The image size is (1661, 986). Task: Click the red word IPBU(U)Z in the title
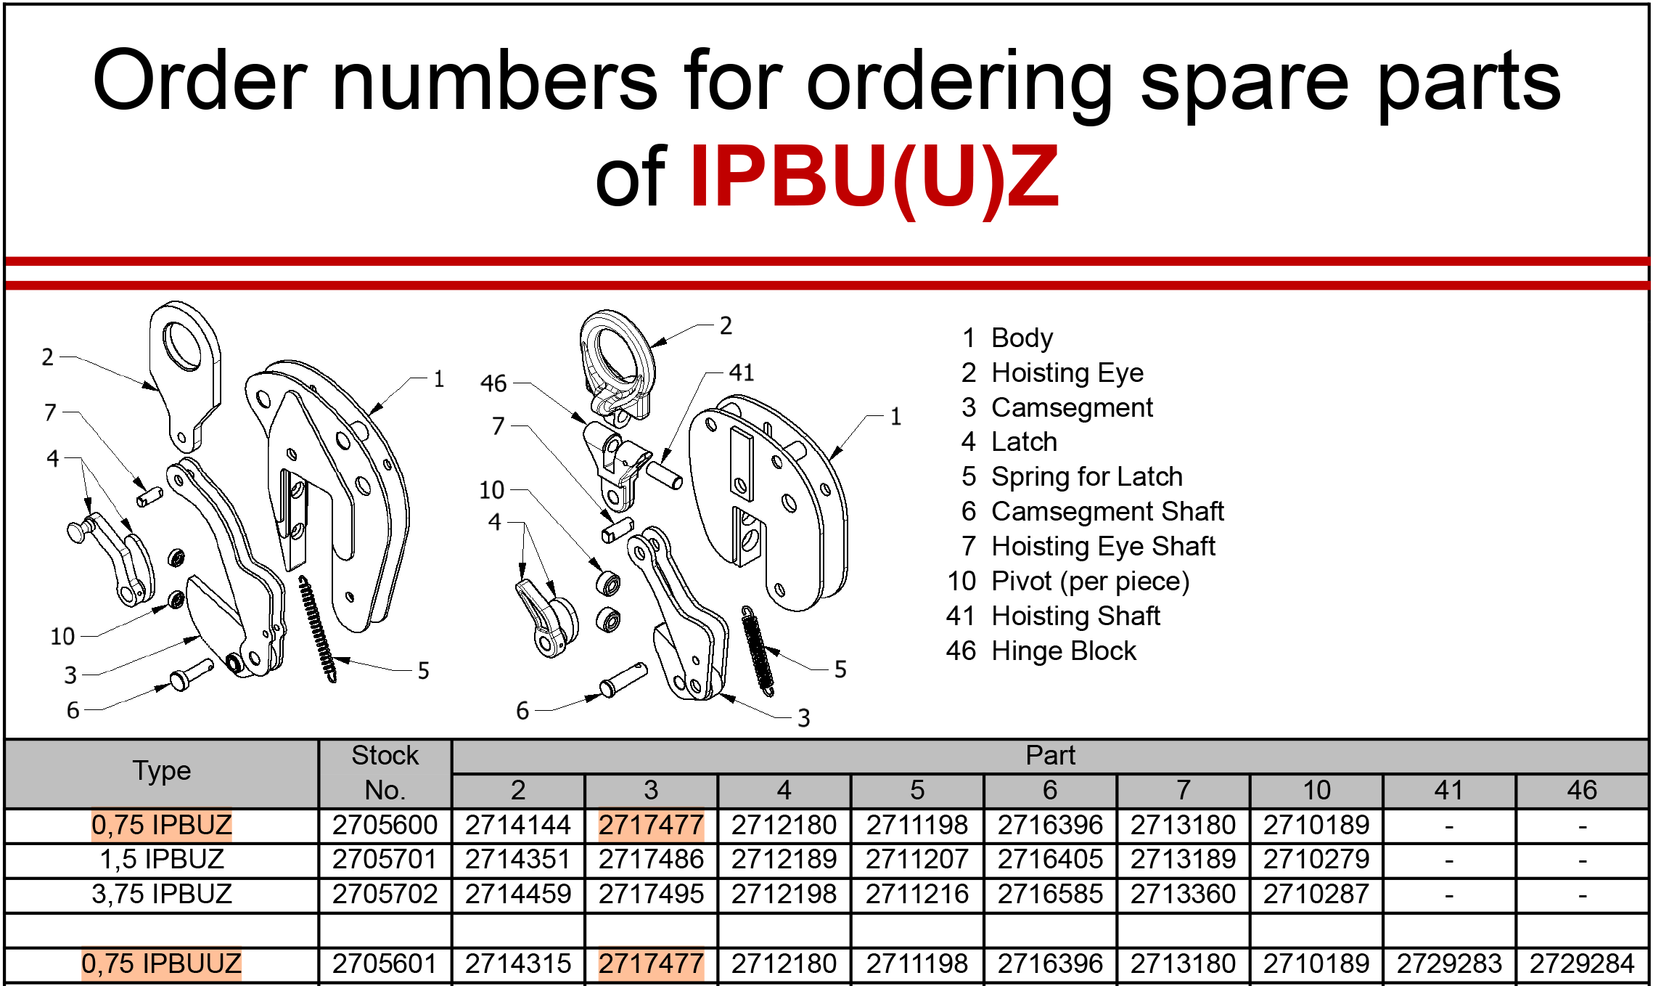coord(874,177)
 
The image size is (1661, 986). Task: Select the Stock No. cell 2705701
coord(385,860)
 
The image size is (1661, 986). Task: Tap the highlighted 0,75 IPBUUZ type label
coord(161,963)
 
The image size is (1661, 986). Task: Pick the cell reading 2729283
coord(1449,963)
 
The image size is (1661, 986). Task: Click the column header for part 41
coord(1449,790)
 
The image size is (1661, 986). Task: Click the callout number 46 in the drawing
coord(493,383)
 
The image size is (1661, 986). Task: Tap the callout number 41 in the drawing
coord(742,372)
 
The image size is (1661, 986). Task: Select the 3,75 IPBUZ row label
coord(162,894)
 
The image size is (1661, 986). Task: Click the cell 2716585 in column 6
coord(1050,894)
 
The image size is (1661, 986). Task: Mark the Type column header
coord(162,771)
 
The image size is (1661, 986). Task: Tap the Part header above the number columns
coord(1050,756)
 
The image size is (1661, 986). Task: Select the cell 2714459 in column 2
coord(518,894)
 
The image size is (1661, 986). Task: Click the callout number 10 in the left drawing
coord(62,637)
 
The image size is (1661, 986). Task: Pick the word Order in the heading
coord(200,81)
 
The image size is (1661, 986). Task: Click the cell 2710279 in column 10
coord(1316,860)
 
